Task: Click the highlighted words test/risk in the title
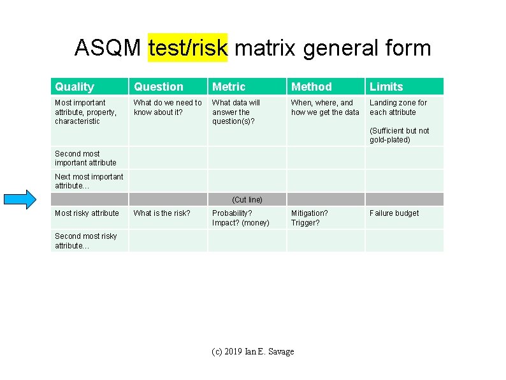187,47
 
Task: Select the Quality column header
75,87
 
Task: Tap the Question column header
159,87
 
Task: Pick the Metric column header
229,87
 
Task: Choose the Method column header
312,87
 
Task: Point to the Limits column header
386,87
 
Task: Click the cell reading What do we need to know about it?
168,107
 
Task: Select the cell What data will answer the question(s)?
236,112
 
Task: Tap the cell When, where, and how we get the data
325,107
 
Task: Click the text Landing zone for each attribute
398,107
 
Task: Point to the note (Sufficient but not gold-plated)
400,135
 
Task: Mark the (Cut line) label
247,200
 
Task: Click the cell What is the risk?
162,213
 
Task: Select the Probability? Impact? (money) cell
241,218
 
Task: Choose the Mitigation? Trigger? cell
310,218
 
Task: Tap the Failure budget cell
394,213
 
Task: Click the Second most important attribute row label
85,158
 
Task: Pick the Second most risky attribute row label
86,241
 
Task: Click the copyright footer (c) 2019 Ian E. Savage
253,352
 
